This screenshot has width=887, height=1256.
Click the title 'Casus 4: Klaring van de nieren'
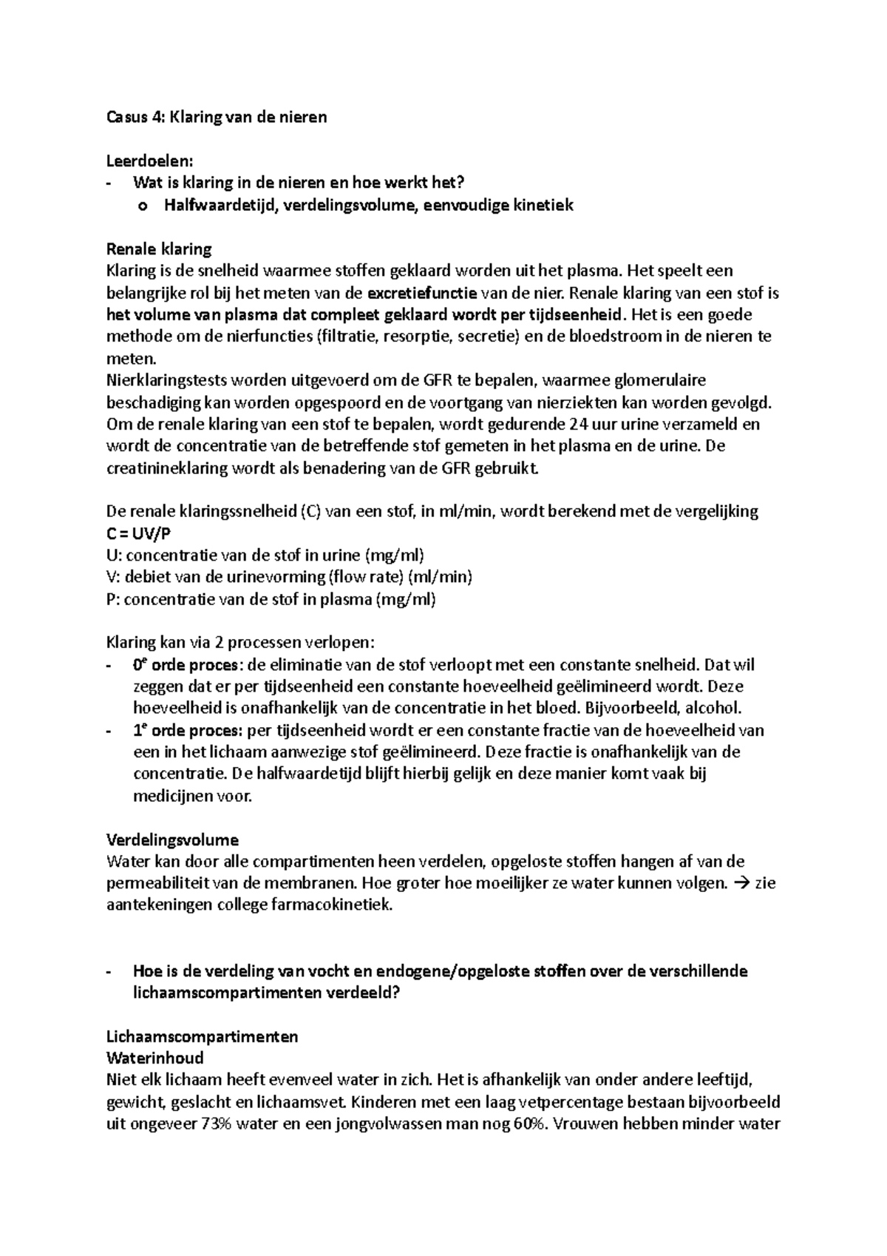click(x=217, y=117)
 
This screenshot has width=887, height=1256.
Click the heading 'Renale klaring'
click(x=159, y=249)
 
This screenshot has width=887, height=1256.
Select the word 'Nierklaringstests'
click(x=166, y=381)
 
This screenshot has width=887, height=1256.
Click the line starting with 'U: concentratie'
click(x=265, y=556)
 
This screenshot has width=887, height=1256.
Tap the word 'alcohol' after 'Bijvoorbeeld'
click(x=715, y=709)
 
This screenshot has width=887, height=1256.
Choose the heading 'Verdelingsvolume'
click(x=172, y=840)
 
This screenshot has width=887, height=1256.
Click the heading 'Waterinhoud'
click(x=154, y=1059)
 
